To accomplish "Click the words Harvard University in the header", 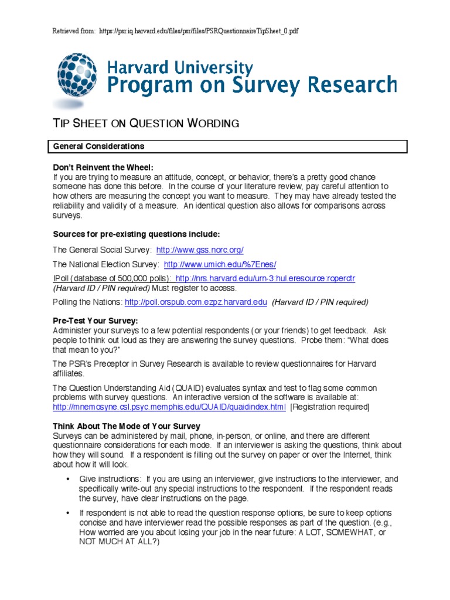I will pyautogui.click(x=180, y=68).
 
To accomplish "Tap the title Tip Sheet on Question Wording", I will pyautogui.click(x=146, y=123).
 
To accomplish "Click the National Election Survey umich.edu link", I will pyautogui.click(x=220, y=264).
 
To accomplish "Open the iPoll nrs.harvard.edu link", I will pyautogui.click(x=265, y=278).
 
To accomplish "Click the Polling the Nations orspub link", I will pyautogui.click(x=196, y=302).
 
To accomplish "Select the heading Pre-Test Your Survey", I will pyautogui.click(x=96, y=321).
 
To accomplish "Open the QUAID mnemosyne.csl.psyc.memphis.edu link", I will pyautogui.click(x=169, y=407).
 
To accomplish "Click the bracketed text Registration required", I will pyautogui.click(x=330, y=407).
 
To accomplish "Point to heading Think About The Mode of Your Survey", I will pyautogui.click(x=127, y=426).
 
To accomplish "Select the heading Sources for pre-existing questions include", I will pyautogui.click(x=137, y=234).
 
